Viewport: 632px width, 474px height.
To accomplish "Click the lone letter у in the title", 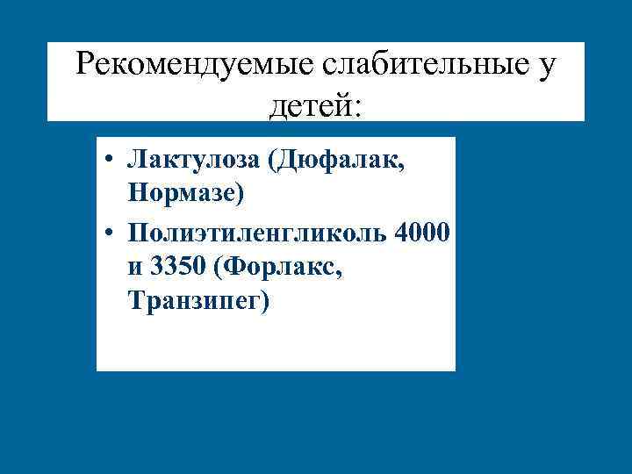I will point(545,66).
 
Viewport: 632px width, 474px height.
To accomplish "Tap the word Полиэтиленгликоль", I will point(258,233).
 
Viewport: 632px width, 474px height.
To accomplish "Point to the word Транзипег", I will point(195,300).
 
